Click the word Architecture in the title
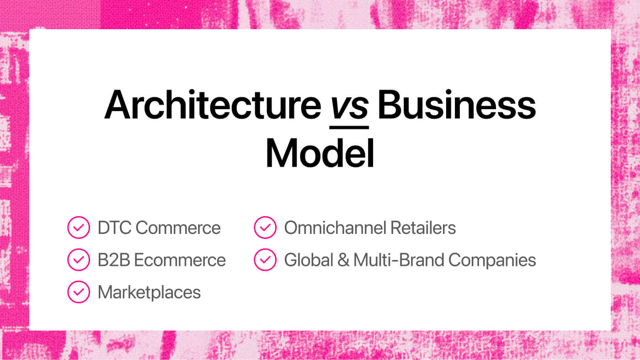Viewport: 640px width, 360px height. [213, 105]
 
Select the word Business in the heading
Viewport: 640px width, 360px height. [456, 105]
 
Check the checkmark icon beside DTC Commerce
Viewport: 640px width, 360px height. [79, 228]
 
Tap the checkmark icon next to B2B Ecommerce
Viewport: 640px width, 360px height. [79, 260]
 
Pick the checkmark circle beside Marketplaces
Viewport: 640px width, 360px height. [79, 292]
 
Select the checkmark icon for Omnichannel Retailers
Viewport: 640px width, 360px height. [265, 228]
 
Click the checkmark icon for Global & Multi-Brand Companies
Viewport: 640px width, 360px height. [265, 260]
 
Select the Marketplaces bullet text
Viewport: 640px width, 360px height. [149, 292]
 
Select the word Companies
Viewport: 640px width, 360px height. [492, 260]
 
